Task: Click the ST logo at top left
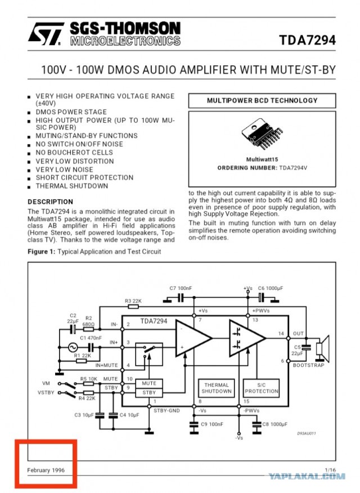tap(46, 34)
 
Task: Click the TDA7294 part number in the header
tap(307, 41)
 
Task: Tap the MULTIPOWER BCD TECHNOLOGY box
tap(262, 101)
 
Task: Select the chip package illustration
tap(262, 133)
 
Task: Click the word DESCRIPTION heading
tap(50, 202)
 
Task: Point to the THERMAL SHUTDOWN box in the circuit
tap(217, 388)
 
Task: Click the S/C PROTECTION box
tap(262, 388)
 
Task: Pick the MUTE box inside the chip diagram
tap(149, 383)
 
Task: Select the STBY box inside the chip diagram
tap(149, 392)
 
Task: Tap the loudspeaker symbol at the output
tap(323, 348)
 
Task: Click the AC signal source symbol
tap(73, 347)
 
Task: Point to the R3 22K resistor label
tap(133, 301)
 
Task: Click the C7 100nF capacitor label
tap(181, 288)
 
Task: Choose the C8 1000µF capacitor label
tap(274, 424)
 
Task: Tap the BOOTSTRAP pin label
tap(308, 365)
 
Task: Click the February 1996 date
tap(46, 470)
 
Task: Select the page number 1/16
tap(330, 470)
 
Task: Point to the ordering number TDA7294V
tap(293, 168)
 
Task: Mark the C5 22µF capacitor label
tap(297, 350)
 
